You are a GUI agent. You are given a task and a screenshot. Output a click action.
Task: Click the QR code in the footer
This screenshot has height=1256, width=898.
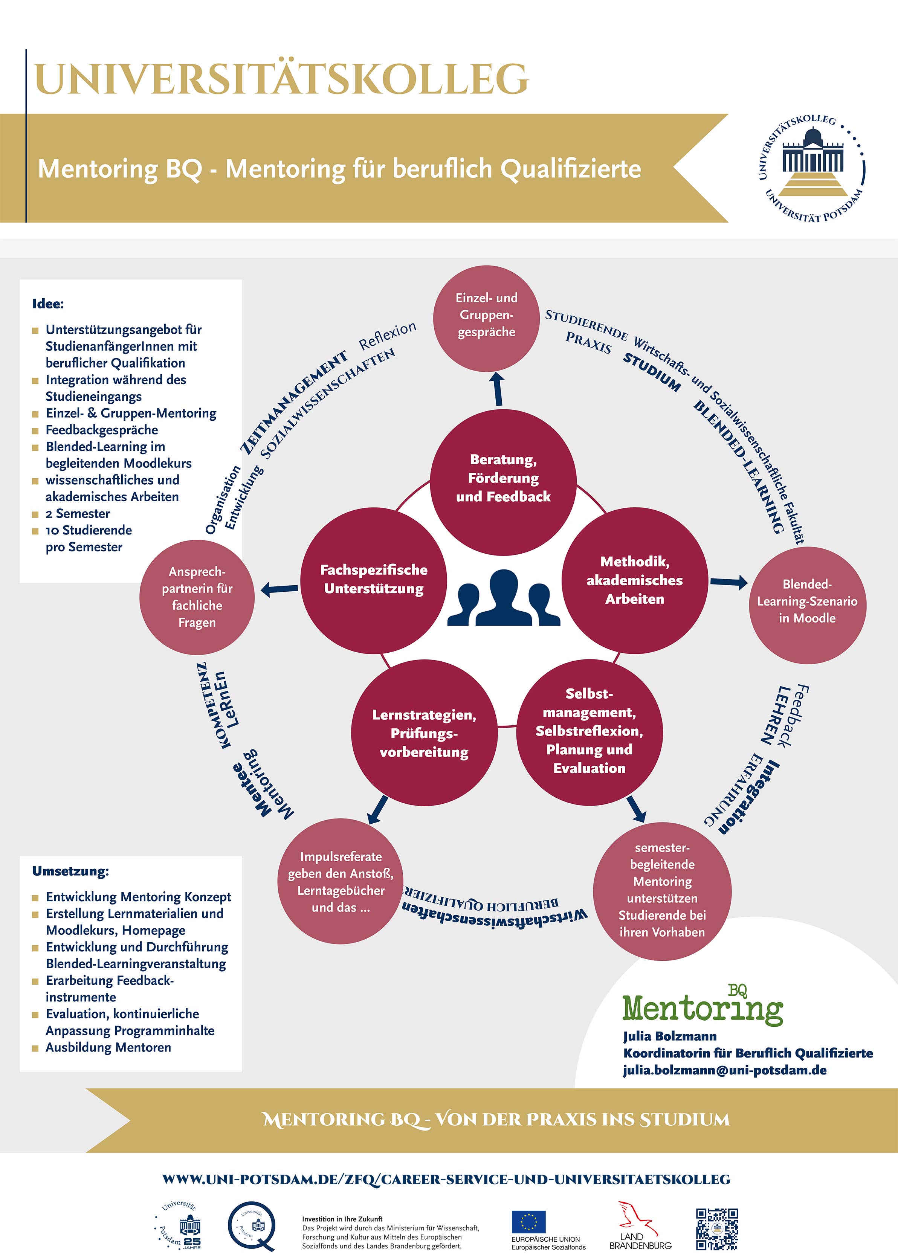tap(717, 1229)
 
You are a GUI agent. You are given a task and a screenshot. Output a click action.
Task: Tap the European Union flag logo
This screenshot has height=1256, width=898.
tap(528, 1222)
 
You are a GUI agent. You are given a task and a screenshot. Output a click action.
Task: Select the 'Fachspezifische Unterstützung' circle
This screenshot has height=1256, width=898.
tap(374, 580)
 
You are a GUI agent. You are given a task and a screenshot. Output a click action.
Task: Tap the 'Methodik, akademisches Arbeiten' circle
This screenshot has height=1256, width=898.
tap(634, 580)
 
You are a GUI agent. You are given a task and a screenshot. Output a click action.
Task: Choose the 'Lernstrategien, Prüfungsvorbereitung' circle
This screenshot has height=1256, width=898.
tap(424, 733)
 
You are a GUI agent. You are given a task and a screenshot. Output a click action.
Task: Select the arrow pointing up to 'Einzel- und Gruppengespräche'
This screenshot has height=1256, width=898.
tap(498, 389)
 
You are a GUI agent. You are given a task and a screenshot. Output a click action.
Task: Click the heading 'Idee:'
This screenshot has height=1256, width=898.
tap(48, 304)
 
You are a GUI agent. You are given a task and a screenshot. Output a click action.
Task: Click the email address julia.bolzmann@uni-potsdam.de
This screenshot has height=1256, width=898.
tap(724, 1070)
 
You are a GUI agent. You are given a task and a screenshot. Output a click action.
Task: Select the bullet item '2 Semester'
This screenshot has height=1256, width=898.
tap(78, 514)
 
